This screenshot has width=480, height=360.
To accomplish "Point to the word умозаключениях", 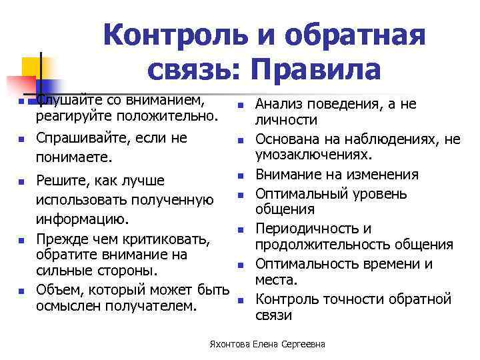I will [x=313, y=155].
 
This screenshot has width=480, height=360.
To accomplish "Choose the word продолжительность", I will [x=313, y=245].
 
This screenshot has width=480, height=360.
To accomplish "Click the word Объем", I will [x=57, y=290].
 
